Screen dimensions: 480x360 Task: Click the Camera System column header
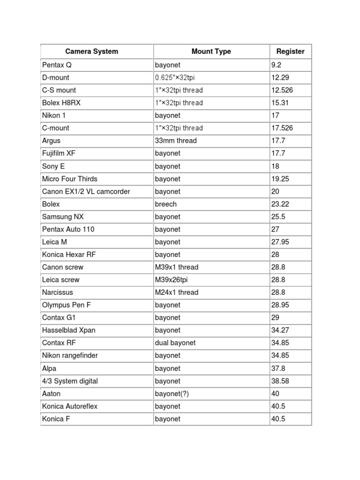(x=91, y=52)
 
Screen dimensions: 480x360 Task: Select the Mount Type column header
(x=211, y=52)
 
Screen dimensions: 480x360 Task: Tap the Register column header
(x=290, y=52)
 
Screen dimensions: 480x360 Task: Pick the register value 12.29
(x=280, y=77)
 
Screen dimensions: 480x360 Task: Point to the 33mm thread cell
(x=176, y=141)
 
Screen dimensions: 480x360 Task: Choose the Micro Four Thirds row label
(x=70, y=179)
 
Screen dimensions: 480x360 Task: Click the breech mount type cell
(x=165, y=204)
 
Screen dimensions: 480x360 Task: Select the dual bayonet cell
(x=175, y=343)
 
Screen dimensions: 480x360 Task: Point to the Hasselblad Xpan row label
(x=69, y=330)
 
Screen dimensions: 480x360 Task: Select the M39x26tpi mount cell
(x=173, y=280)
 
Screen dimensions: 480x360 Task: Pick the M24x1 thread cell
(x=177, y=292)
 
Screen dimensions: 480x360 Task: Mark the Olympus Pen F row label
(x=67, y=305)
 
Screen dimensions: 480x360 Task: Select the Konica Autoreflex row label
(x=70, y=406)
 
